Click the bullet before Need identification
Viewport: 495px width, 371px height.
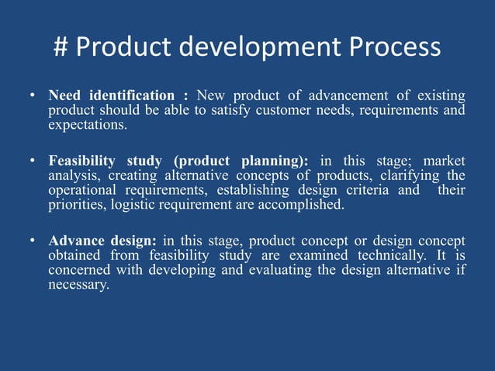click(32, 96)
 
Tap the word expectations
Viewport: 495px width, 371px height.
click(87, 124)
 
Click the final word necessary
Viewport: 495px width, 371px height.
click(78, 284)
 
